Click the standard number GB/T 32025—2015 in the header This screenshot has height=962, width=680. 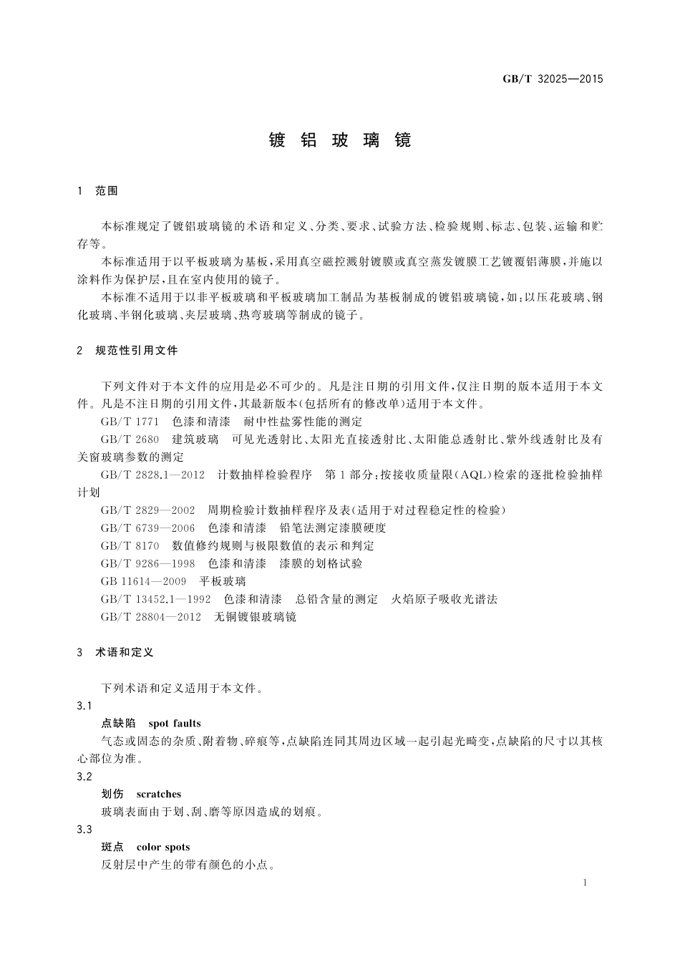[553, 79]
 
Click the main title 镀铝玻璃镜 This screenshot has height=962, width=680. [340, 140]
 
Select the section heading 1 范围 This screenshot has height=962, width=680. [98, 191]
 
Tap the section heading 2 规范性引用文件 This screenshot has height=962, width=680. [127, 351]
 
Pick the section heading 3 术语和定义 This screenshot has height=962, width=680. [115, 653]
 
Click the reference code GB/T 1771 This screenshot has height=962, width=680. [130, 422]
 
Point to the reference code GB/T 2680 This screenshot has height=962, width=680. [130, 439]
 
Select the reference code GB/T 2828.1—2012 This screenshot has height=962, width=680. [152, 475]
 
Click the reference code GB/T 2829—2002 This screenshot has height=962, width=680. [147, 510]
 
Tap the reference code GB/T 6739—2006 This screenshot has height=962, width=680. [147, 528]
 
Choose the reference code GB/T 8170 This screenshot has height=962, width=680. [130, 546]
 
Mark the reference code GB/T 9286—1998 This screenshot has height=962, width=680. [147, 564]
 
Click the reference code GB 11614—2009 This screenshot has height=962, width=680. [143, 581]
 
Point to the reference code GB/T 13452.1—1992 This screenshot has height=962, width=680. [155, 599]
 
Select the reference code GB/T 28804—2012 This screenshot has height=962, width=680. [150, 617]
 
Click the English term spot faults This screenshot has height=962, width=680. [175, 724]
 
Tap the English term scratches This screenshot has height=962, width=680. [158, 795]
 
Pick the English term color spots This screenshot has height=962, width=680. [162, 847]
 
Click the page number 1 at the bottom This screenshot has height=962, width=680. [585, 883]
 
